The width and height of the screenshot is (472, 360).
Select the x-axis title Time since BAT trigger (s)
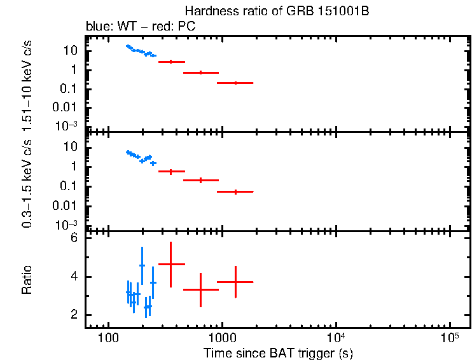click(x=278, y=352)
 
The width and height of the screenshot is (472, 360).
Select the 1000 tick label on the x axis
click(x=221, y=337)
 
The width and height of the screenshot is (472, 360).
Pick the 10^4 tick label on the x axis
click(x=335, y=336)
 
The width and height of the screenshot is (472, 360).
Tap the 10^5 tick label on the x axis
click(x=449, y=336)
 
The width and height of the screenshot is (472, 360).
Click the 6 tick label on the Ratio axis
click(x=74, y=238)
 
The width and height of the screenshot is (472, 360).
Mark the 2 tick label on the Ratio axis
click(x=74, y=315)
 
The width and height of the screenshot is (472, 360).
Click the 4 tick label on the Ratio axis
click(x=74, y=277)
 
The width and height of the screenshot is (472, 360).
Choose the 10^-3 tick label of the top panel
click(x=67, y=125)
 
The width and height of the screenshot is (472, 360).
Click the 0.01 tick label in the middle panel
click(x=67, y=205)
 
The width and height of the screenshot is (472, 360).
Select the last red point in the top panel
click(x=235, y=83)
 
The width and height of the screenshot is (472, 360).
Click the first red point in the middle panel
click(x=170, y=172)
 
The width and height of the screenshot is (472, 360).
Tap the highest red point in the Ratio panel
click(x=170, y=264)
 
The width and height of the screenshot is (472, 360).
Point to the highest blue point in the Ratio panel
click(x=142, y=265)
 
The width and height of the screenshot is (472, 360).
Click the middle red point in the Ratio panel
click(x=200, y=289)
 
